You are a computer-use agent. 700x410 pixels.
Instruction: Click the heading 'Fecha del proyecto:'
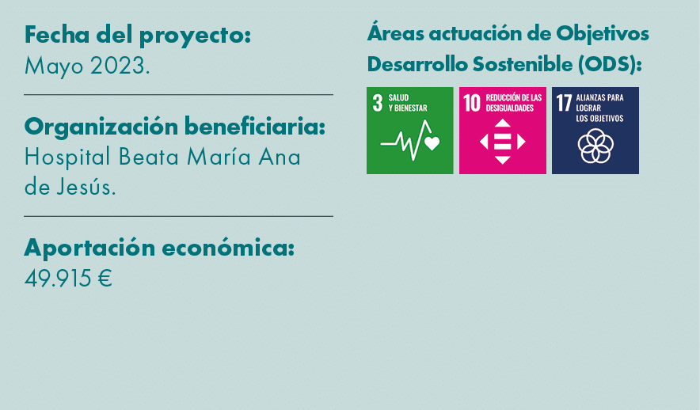137,36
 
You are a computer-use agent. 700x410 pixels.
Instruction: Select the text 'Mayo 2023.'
87,66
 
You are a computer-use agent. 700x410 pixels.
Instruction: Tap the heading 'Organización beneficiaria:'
174,127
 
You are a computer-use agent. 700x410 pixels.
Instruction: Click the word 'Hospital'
68,157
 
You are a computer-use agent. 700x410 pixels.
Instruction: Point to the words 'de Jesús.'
70,188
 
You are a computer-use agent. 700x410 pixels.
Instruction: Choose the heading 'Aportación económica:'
159,248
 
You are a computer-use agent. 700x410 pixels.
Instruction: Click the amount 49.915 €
68,279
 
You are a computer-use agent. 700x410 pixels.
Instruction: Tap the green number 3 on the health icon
378,103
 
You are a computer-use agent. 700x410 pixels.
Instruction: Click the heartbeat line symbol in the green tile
409,140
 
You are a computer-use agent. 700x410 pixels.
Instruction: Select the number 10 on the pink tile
473,103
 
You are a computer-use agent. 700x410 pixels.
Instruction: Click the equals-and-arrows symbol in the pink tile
503,141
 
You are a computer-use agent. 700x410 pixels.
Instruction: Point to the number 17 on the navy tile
565,104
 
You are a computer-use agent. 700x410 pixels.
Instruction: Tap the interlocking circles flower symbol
595,145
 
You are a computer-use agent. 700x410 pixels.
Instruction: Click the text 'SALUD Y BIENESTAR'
408,103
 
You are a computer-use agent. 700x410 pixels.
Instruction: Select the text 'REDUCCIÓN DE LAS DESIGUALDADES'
514,103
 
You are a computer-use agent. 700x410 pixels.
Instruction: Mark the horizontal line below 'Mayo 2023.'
178,95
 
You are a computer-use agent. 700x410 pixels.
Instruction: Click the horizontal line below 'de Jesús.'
178,216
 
